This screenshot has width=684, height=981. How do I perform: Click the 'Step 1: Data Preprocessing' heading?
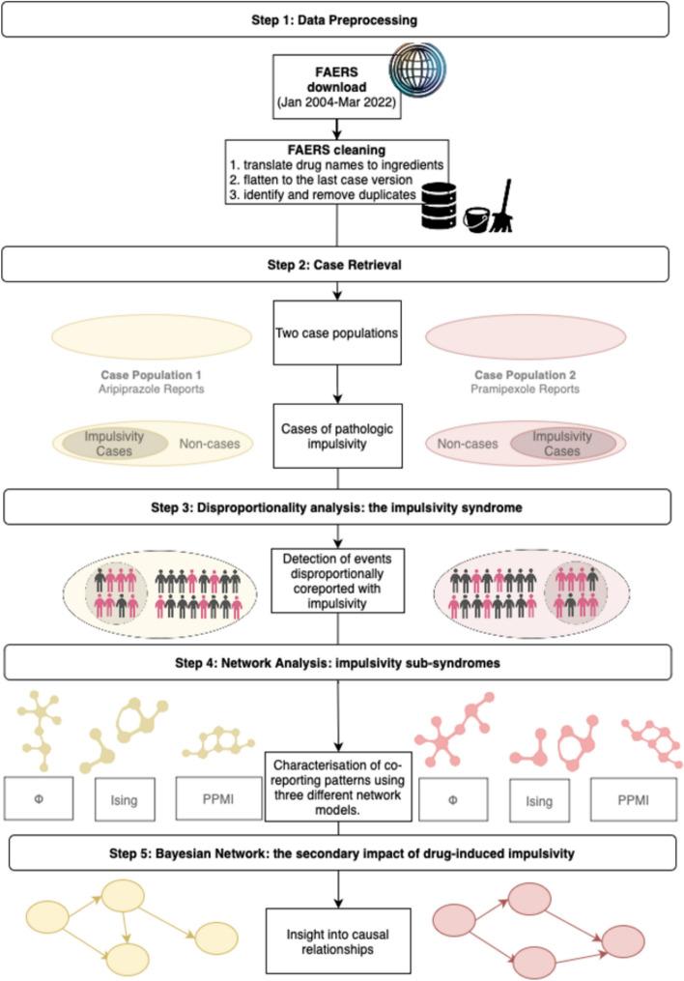coord(342,18)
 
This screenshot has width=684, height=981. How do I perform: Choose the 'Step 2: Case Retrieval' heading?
coord(342,263)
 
